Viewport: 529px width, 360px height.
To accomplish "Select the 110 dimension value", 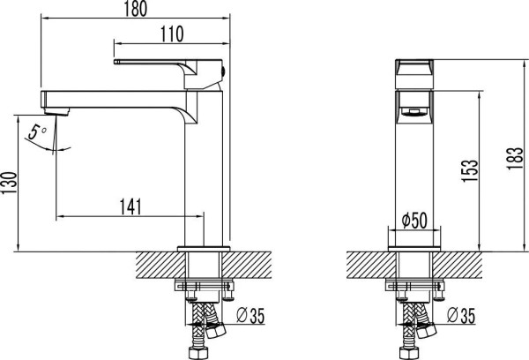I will click(x=172, y=34).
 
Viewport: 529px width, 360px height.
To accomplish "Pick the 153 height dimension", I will click(x=469, y=168).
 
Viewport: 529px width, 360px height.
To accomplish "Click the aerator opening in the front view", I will click(x=412, y=111).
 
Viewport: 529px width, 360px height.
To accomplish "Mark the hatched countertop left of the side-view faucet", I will click(x=159, y=262).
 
